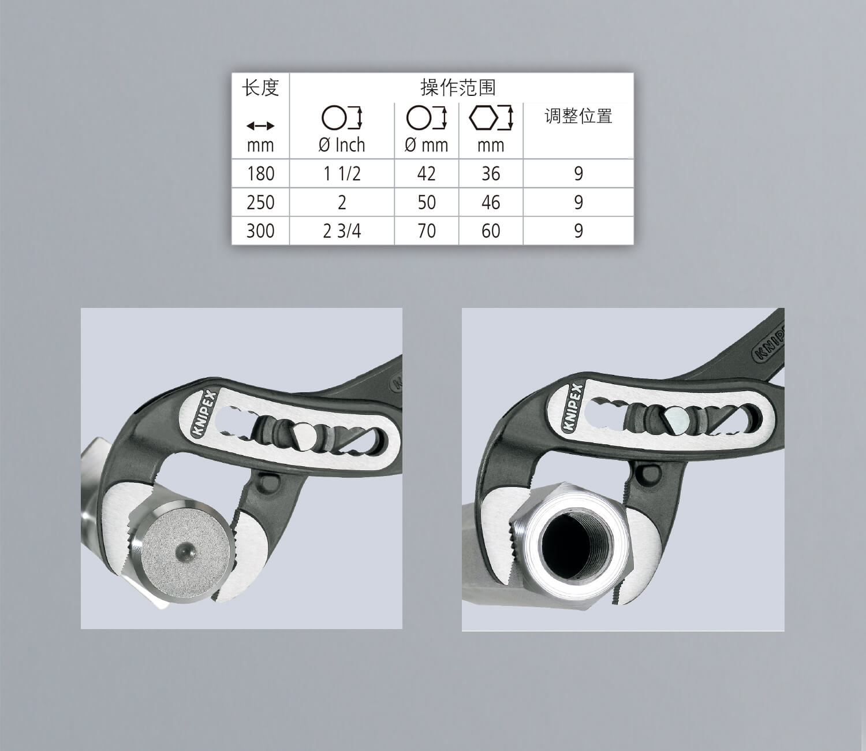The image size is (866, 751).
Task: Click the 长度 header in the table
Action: [x=260, y=88]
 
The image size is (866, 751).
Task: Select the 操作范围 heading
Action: [x=458, y=88]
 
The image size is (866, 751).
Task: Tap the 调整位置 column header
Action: [x=578, y=116]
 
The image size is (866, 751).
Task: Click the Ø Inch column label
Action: [x=341, y=145]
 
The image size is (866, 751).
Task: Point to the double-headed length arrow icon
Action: [x=260, y=125]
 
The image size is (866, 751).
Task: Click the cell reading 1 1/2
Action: [x=342, y=174]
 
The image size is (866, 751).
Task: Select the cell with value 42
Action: [x=426, y=174]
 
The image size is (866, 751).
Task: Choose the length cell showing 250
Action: [x=260, y=203]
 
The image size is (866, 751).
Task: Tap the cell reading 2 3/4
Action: [x=342, y=231]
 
